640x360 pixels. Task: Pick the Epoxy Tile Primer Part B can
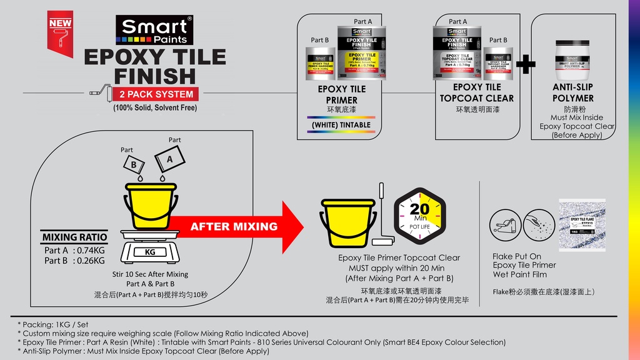[x=320, y=64]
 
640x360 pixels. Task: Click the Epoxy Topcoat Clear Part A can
[x=457, y=52]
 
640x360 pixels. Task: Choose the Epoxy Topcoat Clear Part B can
[x=498, y=63]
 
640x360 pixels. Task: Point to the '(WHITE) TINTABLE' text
[x=341, y=124]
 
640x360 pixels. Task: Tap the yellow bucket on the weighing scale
[x=151, y=206]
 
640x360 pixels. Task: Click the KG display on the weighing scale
[x=150, y=252]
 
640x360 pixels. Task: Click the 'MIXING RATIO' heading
[x=74, y=237]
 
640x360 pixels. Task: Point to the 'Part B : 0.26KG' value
[x=74, y=261]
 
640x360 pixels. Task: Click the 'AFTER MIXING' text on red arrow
[x=234, y=227]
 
